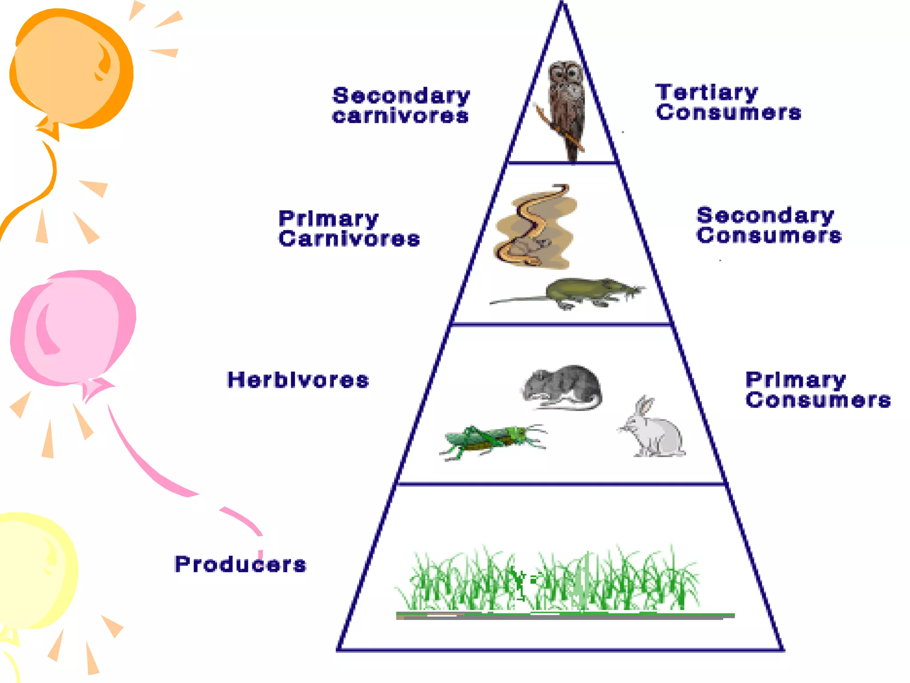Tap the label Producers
(240, 564)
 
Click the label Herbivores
(298, 380)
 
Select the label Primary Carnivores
(349, 229)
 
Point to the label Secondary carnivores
(401, 105)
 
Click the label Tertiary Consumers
(728, 102)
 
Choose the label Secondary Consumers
(769, 225)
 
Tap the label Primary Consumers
(818, 390)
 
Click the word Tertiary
(706, 92)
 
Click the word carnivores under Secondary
(400, 117)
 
